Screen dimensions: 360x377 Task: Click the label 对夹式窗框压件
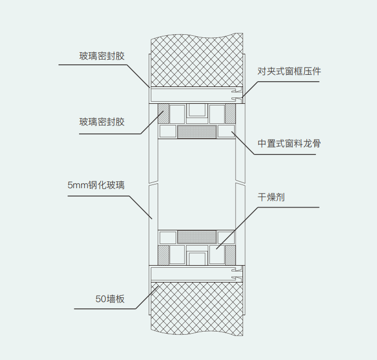click(289, 72)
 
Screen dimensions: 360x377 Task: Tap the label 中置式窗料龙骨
click(289, 143)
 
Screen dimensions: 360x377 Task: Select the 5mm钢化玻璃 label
click(96, 186)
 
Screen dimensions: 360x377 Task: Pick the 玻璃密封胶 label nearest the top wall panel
click(102, 56)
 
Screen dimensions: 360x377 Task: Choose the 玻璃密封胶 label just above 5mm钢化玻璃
click(102, 122)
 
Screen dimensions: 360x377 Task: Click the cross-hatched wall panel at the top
click(197, 61)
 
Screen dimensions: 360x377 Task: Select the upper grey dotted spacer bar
click(197, 132)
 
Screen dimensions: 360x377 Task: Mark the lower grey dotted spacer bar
click(197, 237)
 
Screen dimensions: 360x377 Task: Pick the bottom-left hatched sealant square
click(163, 255)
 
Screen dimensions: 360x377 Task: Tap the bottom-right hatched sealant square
click(230, 255)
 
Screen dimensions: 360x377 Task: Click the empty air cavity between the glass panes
click(197, 184)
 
